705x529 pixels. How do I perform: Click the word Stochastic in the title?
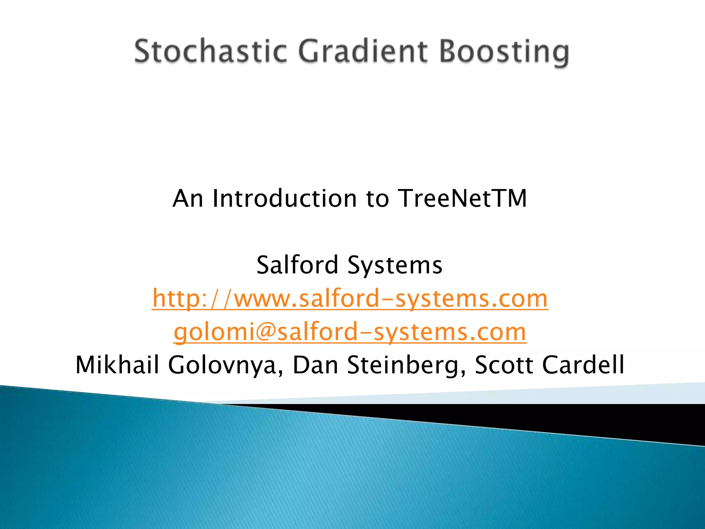click(x=210, y=52)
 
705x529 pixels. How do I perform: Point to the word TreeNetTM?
click(x=462, y=199)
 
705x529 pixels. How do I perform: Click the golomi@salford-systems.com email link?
click(x=350, y=332)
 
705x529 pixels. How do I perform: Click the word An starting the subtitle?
click(x=188, y=199)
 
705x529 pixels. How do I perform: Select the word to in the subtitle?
click(x=377, y=199)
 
